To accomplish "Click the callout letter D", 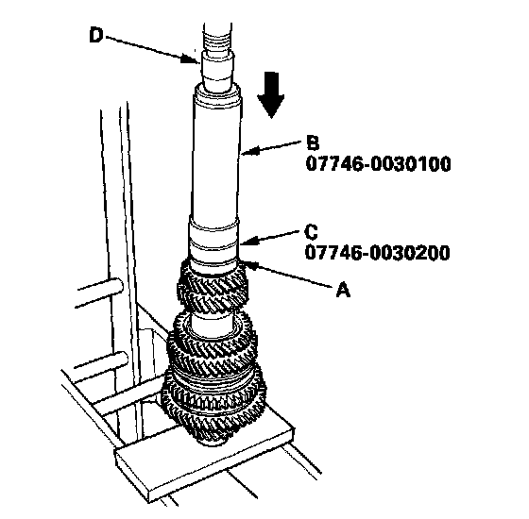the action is pyautogui.click(x=95, y=35).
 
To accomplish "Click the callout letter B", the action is pyautogui.click(x=313, y=142).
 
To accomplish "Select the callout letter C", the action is pyautogui.click(x=311, y=231).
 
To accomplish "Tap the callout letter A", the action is pyautogui.click(x=343, y=291).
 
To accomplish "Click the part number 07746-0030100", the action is pyautogui.click(x=378, y=164).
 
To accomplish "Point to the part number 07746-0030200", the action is pyautogui.click(x=378, y=253).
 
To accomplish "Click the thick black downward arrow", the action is pyautogui.click(x=271, y=95).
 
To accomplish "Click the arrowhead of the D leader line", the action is pyautogui.click(x=189, y=59).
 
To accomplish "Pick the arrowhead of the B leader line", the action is pyautogui.click(x=249, y=151).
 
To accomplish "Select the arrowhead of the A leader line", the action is pyautogui.click(x=250, y=265).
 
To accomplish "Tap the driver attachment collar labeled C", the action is pyautogui.click(x=213, y=244).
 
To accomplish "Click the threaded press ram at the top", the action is pyautogui.click(x=217, y=37).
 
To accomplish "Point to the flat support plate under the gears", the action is pyautogui.click(x=204, y=461).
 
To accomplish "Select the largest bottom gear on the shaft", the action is pyautogui.click(x=213, y=405).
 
